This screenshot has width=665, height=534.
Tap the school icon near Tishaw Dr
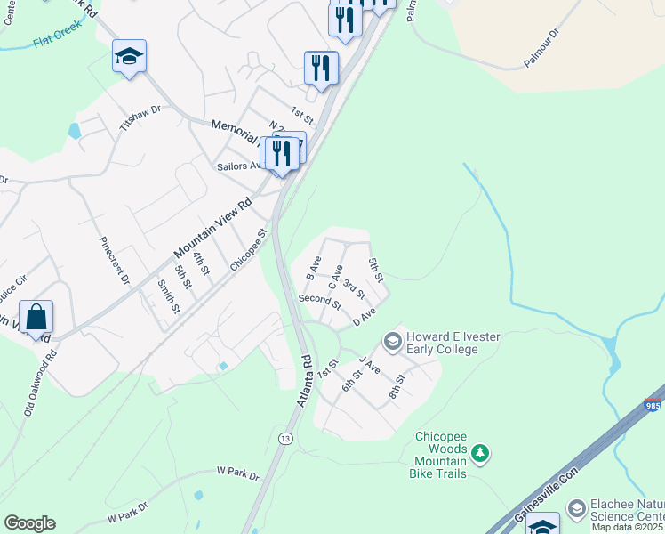[x=129, y=58]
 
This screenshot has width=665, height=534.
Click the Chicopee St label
[x=249, y=251]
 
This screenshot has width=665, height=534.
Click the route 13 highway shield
[x=285, y=439]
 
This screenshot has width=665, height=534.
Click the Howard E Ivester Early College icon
[x=391, y=342]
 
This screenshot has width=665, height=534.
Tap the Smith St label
[x=169, y=297]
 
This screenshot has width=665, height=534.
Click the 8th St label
[x=397, y=384]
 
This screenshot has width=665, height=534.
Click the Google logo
[x=29, y=523]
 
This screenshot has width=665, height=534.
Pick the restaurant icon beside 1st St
[x=321, y=69]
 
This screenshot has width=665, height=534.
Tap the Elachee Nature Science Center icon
[x=575, y=509]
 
